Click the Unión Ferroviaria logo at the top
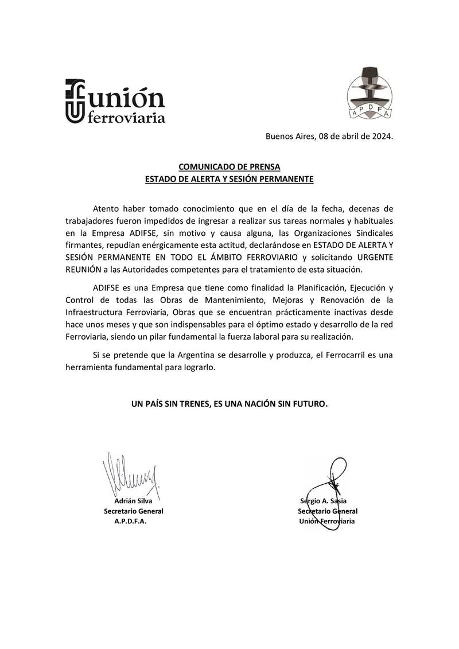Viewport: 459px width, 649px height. [x=115, y=101]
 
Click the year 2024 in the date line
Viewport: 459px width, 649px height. [x=381, y=137]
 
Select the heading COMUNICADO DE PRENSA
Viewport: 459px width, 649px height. [x=229, y=167]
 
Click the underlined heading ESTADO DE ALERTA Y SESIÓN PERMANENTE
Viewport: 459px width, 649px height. [x=229, y=179]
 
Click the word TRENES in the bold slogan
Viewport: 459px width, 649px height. [x=190, y=404]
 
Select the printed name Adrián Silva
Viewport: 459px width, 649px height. [x=133, y=500]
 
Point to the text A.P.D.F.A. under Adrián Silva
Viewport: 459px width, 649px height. [x=130, y=522]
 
